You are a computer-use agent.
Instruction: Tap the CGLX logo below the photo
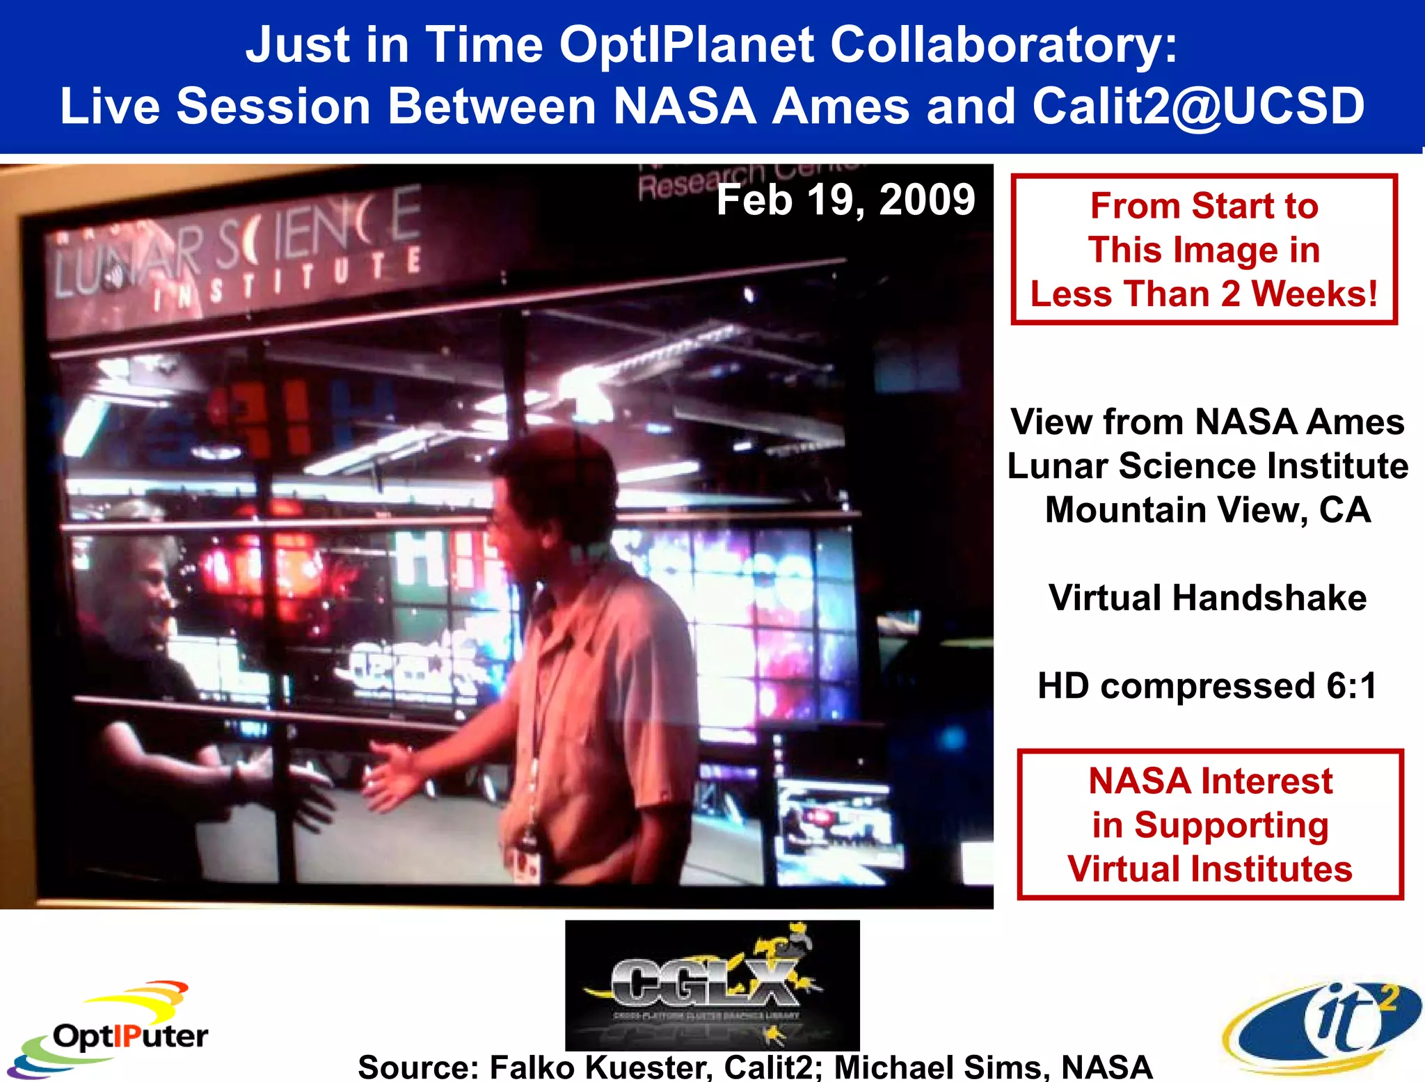[x=711, y=985]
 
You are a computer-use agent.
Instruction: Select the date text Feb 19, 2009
[x=845, y=200]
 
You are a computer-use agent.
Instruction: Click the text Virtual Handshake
[x=1207, y=598]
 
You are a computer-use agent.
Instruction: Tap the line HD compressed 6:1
[x=1207, y=685]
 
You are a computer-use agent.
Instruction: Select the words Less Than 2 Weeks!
[x=1204, y=294]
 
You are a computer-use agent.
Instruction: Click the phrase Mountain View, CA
[x=1207, y=509]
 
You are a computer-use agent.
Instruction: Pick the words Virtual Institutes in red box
[x=1209, y=869]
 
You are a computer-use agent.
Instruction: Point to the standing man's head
[x=550, y=487]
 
